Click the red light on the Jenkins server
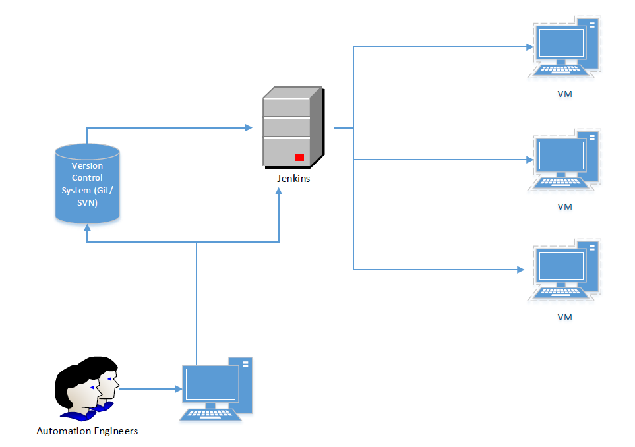[299, 158]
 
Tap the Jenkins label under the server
[293, 179]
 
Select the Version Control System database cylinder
[87, 184]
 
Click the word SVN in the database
[87, 203]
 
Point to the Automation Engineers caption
[87, 431]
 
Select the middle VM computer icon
[564, 160]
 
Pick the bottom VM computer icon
[564, 271]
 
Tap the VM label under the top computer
[564, 94]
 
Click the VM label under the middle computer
[564, 206]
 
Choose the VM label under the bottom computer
[564, 317]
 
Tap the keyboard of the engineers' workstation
[209, 413]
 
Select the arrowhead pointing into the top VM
[529, 47]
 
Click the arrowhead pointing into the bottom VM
[521, 270]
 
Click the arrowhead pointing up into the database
[87, 226]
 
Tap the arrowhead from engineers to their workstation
[179, 389]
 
